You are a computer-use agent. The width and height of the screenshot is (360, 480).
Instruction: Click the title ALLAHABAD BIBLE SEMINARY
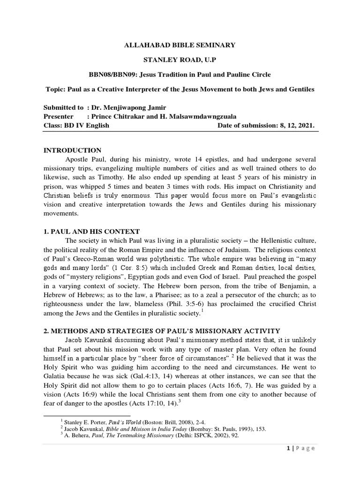pos(180,45)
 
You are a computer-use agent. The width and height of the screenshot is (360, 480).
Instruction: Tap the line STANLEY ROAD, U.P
pos(180,60)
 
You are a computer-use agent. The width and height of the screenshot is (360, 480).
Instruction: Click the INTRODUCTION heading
pos(72,150)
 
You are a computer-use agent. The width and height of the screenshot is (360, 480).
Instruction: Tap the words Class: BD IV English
pos(76,125)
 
